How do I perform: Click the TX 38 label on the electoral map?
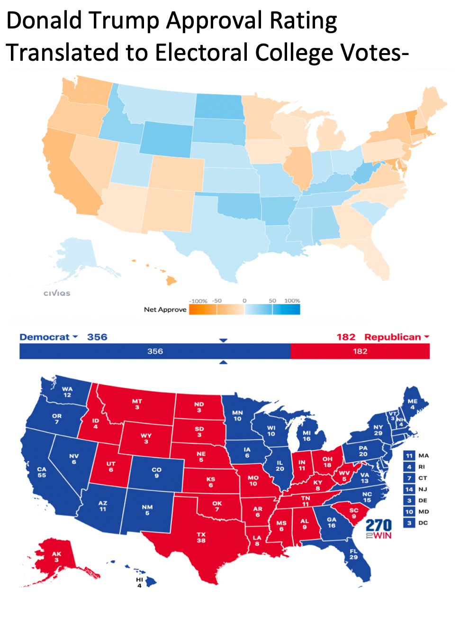(x=201, y=537)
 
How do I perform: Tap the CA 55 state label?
(x=42, y=472)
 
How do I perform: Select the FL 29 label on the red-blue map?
(x=353, y=554)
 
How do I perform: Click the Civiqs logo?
(x=57, y=293)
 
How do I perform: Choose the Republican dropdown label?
(x=396, y=337)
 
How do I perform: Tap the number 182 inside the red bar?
(x=360, y=351)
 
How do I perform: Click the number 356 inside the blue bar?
(x=155, y=351)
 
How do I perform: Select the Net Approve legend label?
(x=165, y=309)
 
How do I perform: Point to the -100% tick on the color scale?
(x=198, y=301)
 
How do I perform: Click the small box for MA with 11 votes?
(x=409, y=455)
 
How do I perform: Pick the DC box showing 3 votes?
(x=409, y=523)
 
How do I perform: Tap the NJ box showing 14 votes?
(x=409, y=489)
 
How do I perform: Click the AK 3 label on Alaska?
(x=56, y=557)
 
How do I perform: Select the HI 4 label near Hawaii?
(x=139, y=582)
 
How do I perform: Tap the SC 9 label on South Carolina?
(x=354, y=513)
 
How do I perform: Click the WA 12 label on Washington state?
(x=67, y=392)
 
